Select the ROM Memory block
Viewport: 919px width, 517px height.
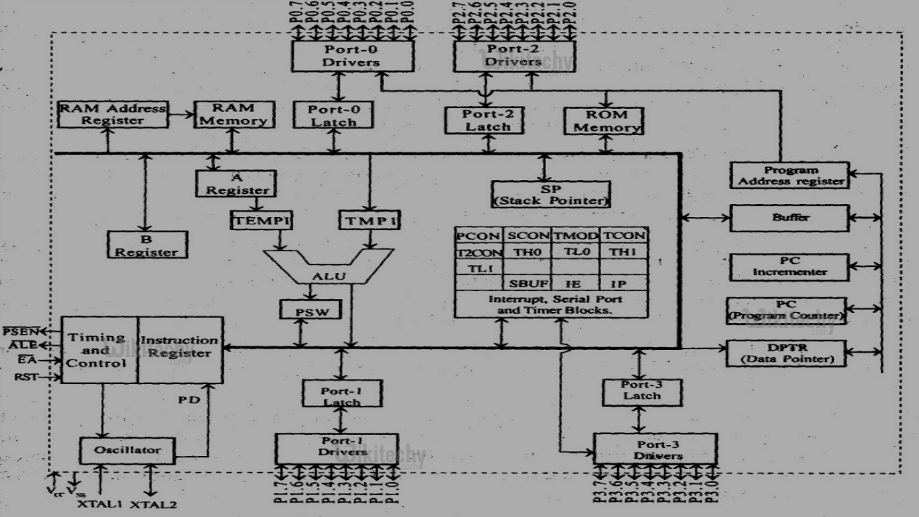click(604, 121)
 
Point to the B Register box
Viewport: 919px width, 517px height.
click(147, 245)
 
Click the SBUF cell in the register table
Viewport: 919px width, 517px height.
click(527, 283)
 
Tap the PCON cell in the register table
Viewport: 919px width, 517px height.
click(478, 235)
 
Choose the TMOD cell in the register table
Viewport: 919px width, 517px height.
click(576, 235)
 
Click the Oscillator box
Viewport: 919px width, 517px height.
click(127, 450)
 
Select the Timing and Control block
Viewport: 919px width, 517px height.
click(99, 350)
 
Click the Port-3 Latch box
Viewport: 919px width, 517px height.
click(642, 390)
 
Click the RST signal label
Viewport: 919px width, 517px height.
click(25, 377)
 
